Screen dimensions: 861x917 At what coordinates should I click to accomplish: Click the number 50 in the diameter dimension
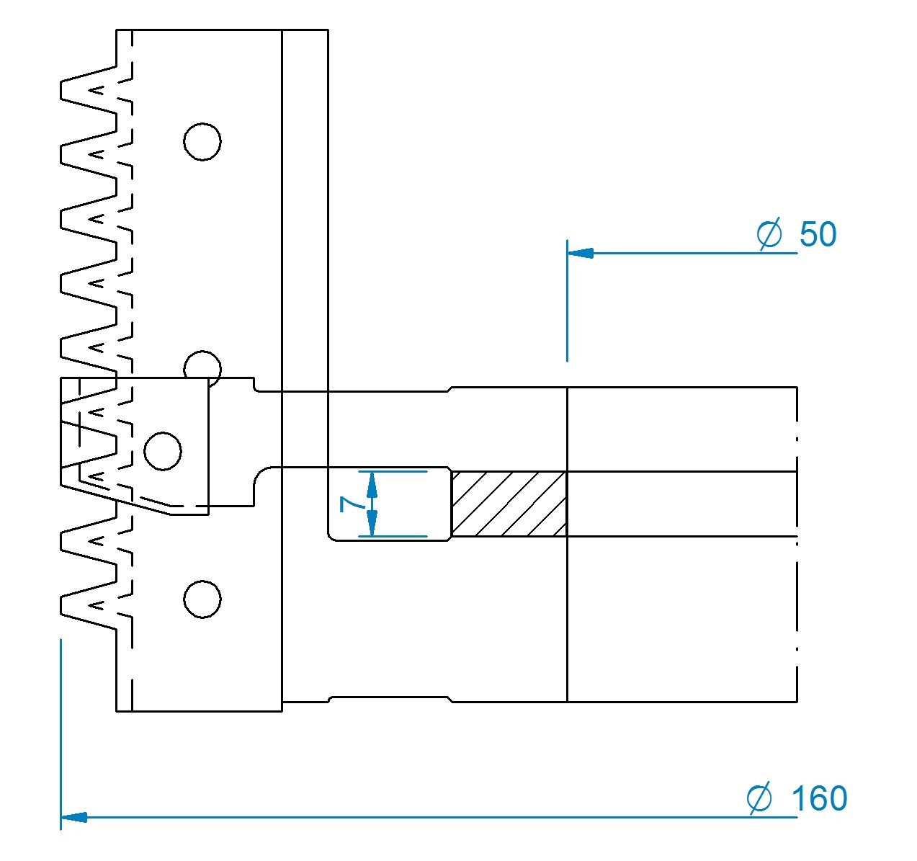(x=818, y=235)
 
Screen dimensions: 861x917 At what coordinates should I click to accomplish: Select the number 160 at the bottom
(x=819, y=799)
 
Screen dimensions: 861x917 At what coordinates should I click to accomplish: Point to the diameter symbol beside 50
(x=769, y=234)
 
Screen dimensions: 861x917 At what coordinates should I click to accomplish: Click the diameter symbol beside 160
(x=759, y=798)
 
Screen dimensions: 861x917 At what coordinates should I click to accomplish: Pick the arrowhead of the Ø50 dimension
(x=580, y=253)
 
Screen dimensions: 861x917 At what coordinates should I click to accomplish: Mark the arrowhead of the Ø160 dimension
(x=74, y=817)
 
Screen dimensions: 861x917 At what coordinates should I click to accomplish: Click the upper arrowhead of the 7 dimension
(x=372, y=482)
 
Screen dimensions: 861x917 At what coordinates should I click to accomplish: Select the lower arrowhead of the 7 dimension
(x=372, y=526)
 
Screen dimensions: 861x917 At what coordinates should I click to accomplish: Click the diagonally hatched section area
(x=509, y=504)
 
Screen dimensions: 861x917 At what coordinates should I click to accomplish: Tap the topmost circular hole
(x=202, y=141)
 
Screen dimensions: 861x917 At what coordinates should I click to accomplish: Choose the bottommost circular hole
(x=202, y=599)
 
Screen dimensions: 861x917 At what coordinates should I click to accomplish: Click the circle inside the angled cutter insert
(x=163, y=451)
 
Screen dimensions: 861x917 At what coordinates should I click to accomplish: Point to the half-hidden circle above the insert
(x=202, y=365)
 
